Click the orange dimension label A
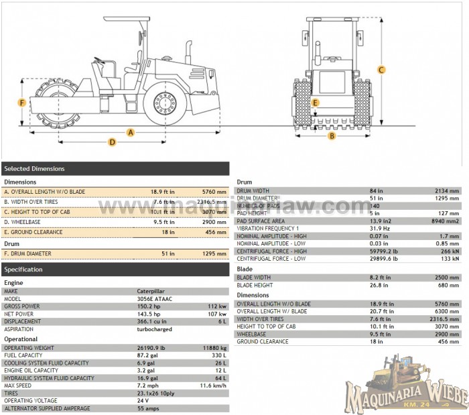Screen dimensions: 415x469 point(131,132)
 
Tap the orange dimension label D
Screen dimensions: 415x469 point(112,141)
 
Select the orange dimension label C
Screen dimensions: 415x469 point(381,70)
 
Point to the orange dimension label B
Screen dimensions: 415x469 point(331,136)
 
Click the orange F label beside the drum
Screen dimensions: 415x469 point(22,103)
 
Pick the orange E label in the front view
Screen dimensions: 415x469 point(316,103)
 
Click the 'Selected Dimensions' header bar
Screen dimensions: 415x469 point(115,168)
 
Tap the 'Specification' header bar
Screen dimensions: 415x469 point(115,270)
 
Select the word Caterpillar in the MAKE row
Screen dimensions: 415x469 point(151,292)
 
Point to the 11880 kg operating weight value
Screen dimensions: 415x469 point(214,348)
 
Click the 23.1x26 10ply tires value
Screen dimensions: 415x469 point(158,393)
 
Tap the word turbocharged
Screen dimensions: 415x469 point(155,329)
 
